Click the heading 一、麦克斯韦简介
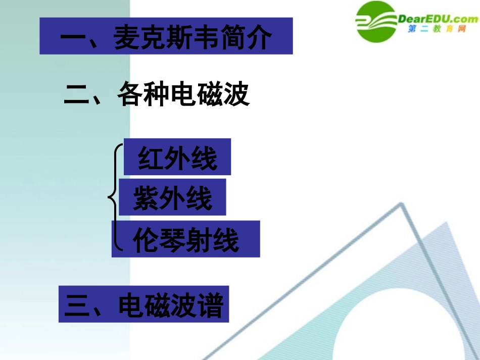click(166, 36)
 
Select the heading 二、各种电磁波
click(157, 94)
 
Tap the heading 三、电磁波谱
click(143, 304)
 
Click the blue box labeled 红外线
click(177, 158)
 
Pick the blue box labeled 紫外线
click(172, 197)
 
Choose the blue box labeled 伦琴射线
click(186, 239)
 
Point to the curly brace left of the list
click(115, 197)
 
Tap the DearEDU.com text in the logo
click(438, 19)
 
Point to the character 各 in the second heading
click(130, 94)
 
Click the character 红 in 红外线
click(151, 158)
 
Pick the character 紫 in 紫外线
click(146, 198)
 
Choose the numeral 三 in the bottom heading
click(77, 304)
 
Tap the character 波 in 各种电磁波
click(236, 94)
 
